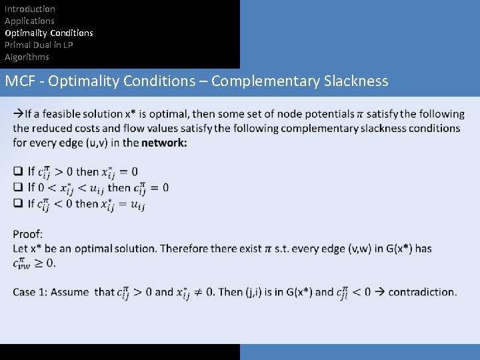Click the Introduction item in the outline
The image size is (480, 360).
30,9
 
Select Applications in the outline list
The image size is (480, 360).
29,21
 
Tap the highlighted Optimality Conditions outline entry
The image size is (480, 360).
49,33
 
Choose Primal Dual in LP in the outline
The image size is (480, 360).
39,45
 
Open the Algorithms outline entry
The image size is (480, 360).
27,57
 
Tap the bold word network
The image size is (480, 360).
163,143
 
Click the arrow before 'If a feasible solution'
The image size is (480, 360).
18,114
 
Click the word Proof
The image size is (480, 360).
27,234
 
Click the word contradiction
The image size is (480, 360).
422,291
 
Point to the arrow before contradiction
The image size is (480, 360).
378,291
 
